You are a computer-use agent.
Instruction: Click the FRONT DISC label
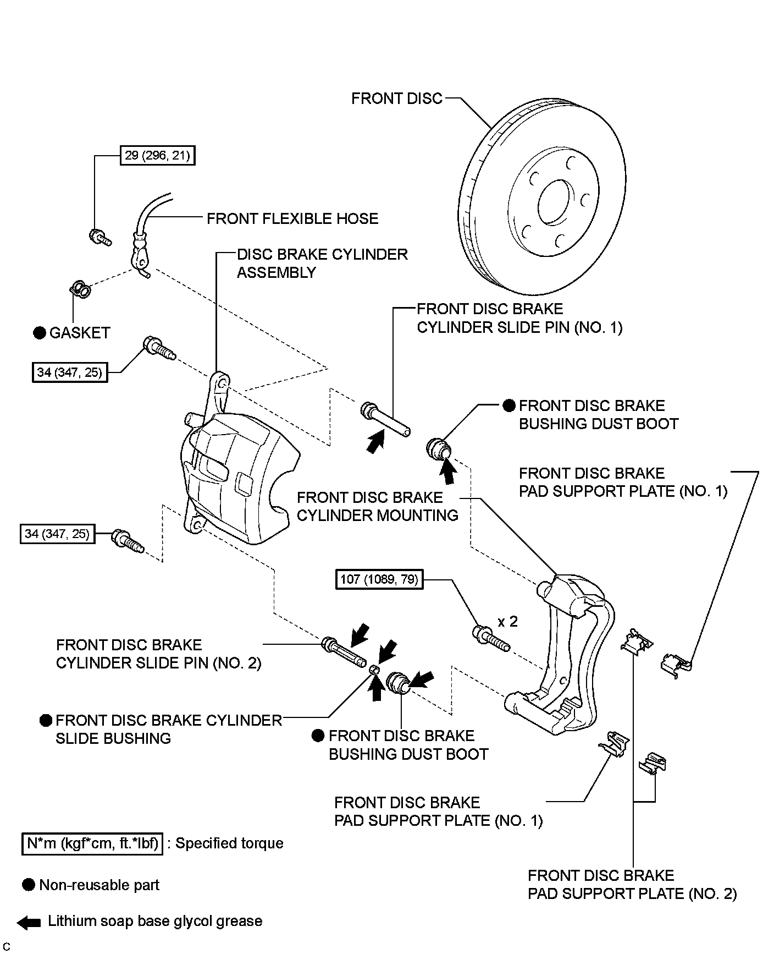396,98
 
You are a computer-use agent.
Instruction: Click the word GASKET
80,333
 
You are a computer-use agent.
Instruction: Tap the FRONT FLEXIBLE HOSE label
292,219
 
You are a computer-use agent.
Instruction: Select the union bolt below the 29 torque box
99,237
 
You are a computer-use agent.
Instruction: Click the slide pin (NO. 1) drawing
385,420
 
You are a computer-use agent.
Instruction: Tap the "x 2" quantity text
507,622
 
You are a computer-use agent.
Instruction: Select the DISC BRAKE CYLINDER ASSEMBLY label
322,264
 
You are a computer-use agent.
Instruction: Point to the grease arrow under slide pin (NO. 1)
375,442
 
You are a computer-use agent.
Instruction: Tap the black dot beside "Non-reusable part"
29,885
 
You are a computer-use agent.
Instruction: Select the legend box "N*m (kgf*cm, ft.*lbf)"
92,843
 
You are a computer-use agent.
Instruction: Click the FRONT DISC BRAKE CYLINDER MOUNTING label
377,507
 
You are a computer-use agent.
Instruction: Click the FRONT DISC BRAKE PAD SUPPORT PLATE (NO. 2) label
632,885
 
